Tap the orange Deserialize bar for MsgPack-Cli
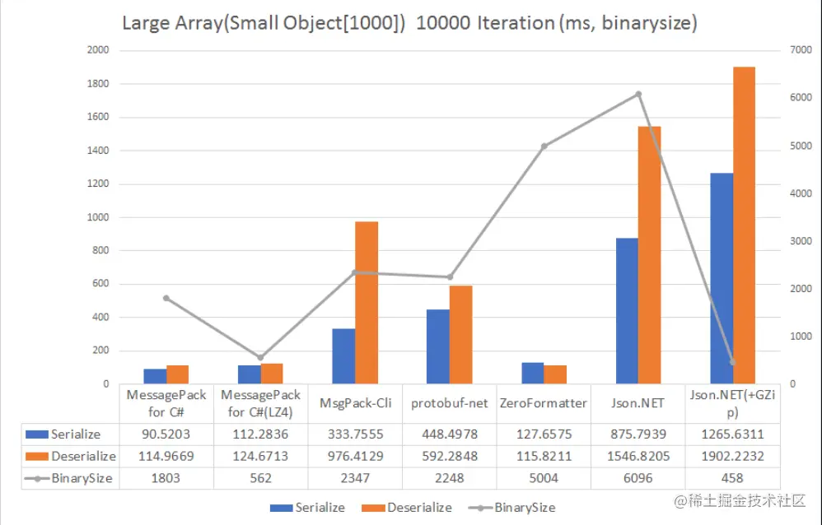click(x=367, y=303)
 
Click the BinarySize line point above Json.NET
click(x=638, y=94)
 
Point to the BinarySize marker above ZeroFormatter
click(x=544, y=146)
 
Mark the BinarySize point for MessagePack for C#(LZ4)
click(x=261, y=357)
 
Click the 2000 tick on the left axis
click(x=97, y=50)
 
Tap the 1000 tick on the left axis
click(x=97, y=217)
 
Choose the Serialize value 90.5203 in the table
click(x=166, y=434)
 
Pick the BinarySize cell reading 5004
click(x=544, y=478)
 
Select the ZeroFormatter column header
click(x=544, y=403)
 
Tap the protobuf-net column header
click(x=450, y=403)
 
